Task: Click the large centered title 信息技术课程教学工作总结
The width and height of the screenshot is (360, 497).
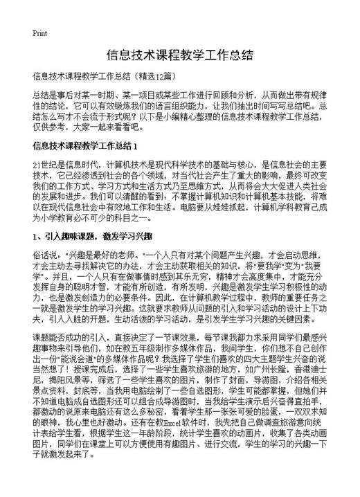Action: (180, 55)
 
